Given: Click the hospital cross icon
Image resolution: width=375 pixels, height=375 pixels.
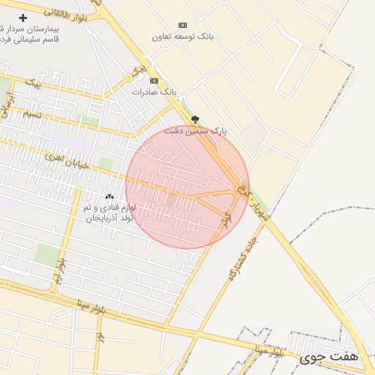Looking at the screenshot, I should [23, 17].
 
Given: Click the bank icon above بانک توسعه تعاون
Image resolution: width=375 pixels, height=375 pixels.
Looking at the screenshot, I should [182, 25].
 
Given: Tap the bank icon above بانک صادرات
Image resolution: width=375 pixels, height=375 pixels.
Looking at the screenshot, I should [154, 81].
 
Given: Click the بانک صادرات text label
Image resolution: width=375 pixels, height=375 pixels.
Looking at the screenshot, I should [155, 92].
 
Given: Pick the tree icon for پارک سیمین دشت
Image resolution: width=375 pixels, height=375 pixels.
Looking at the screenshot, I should [195, 119].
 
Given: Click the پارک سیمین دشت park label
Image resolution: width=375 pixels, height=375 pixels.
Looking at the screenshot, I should [196, 131].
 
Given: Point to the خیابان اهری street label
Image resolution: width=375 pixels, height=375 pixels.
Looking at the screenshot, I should [66, 160].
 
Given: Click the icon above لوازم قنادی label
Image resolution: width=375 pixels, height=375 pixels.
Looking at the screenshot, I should [109, 196].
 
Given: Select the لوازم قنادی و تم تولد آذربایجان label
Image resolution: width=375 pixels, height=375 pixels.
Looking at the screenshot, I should [108, 213].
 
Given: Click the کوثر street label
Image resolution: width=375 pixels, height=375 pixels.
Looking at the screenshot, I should [227, 218].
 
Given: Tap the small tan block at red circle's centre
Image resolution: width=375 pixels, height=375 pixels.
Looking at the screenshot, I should [171, 199].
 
